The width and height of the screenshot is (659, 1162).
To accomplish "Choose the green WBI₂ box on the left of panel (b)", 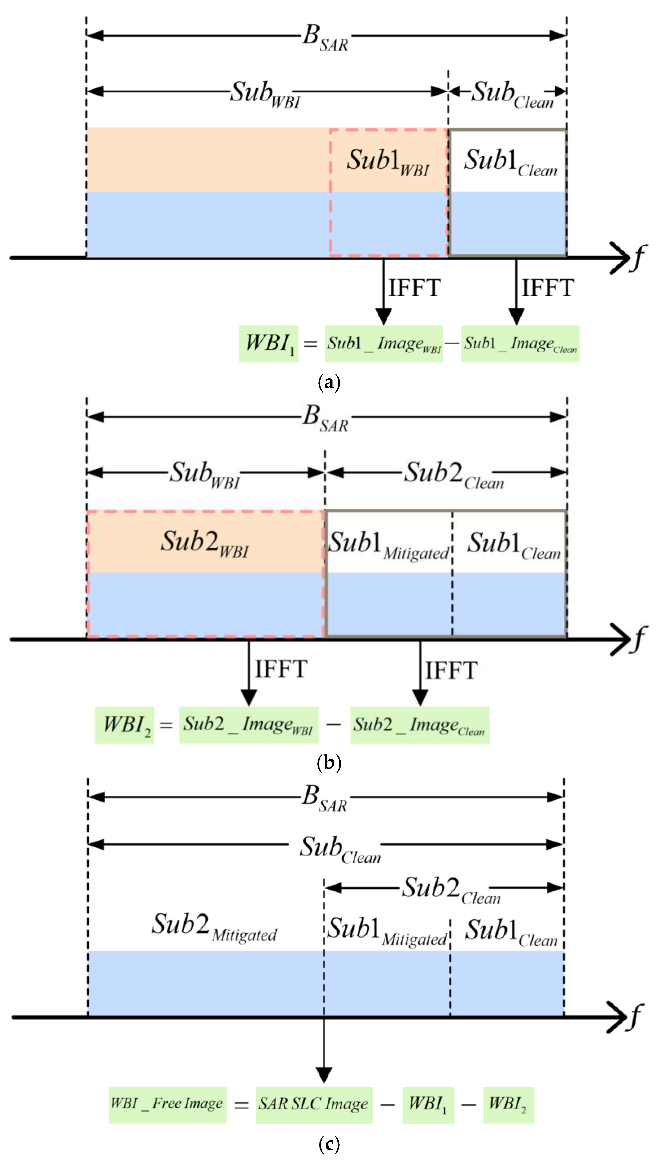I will [x=125, y=725].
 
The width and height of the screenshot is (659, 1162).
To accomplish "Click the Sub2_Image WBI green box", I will [x=249, y=725].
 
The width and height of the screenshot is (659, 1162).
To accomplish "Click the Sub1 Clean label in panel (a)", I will [x=510, y=162].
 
